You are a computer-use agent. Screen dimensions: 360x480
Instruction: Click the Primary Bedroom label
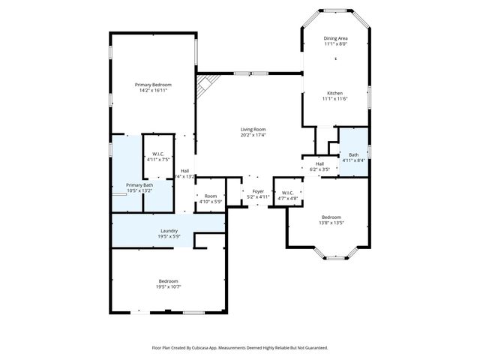pos(153,85)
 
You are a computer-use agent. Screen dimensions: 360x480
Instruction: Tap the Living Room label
pos(253,129)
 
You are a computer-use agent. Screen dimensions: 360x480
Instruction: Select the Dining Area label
pos(335,38)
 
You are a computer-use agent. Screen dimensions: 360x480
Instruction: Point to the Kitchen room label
pos(334,93)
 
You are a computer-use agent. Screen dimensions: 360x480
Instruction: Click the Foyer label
pos(258,191)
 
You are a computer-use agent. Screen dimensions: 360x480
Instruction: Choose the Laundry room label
pos(169,230)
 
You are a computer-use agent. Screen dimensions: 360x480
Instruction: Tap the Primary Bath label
pos(139,185)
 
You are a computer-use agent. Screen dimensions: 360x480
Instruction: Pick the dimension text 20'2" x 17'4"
pos(253,136)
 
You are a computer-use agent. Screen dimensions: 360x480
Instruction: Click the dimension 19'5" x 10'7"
pos(168,286)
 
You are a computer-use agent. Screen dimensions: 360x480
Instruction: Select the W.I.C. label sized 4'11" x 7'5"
pos(158,156)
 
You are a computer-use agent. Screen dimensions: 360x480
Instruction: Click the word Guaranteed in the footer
pos(314,348)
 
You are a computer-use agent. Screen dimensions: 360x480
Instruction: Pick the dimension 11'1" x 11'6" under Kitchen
pos(334,99)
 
